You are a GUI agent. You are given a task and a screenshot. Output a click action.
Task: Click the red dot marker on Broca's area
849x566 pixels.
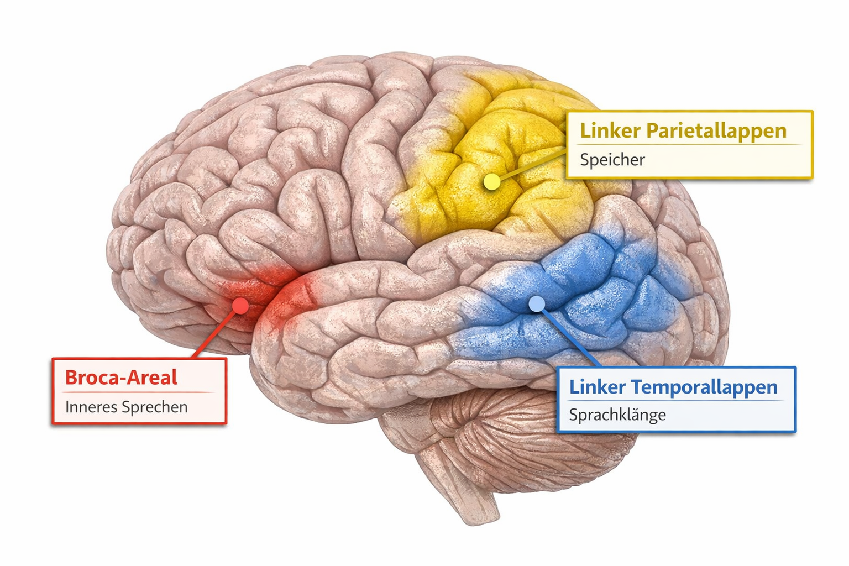tap(240, 306)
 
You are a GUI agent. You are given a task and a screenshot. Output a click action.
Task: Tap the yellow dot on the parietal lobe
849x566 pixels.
tap(491, 182)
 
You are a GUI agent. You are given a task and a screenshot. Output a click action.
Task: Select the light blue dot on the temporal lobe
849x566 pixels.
tap(536, 303)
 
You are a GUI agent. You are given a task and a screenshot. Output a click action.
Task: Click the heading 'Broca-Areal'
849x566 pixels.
tap(121, 378)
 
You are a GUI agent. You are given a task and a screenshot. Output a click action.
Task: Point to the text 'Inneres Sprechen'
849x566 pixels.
tap(127, 407)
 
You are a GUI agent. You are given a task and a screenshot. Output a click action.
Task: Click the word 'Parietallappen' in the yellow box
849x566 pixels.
tap(716, 131)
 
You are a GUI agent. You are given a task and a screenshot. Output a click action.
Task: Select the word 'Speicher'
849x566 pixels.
tap(612, 160)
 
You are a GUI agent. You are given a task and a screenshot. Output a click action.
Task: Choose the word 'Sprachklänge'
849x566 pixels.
tap(617, 415)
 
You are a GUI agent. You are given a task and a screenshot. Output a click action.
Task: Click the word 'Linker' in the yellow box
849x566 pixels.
tap(610, 131)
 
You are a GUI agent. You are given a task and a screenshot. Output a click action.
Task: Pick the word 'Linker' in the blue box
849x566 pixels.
tap(598, 387)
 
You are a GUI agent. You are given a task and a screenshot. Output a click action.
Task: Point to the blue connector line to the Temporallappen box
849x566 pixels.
tap(569, 336)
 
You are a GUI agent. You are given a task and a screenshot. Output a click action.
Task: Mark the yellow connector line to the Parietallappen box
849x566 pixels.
tap(531, 164)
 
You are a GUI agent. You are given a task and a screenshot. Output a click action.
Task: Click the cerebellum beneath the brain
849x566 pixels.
tap(514, 437)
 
